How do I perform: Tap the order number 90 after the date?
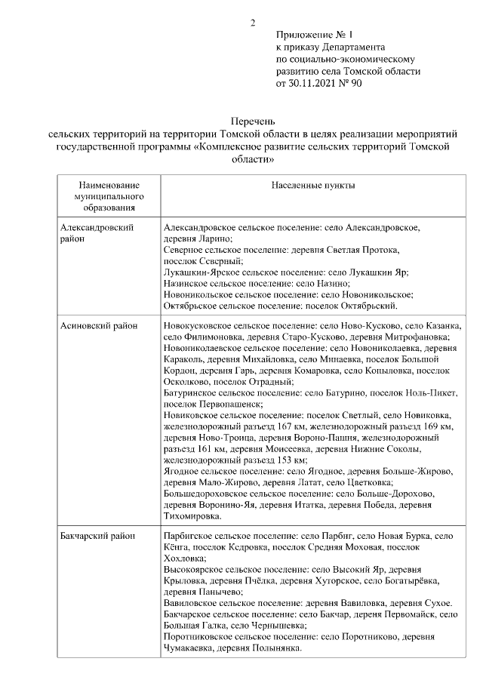tap(356, 83)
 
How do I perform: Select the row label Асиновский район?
tap(98, 325)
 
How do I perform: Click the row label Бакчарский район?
tap(97, 535)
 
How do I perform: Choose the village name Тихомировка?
tap(192, 517)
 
